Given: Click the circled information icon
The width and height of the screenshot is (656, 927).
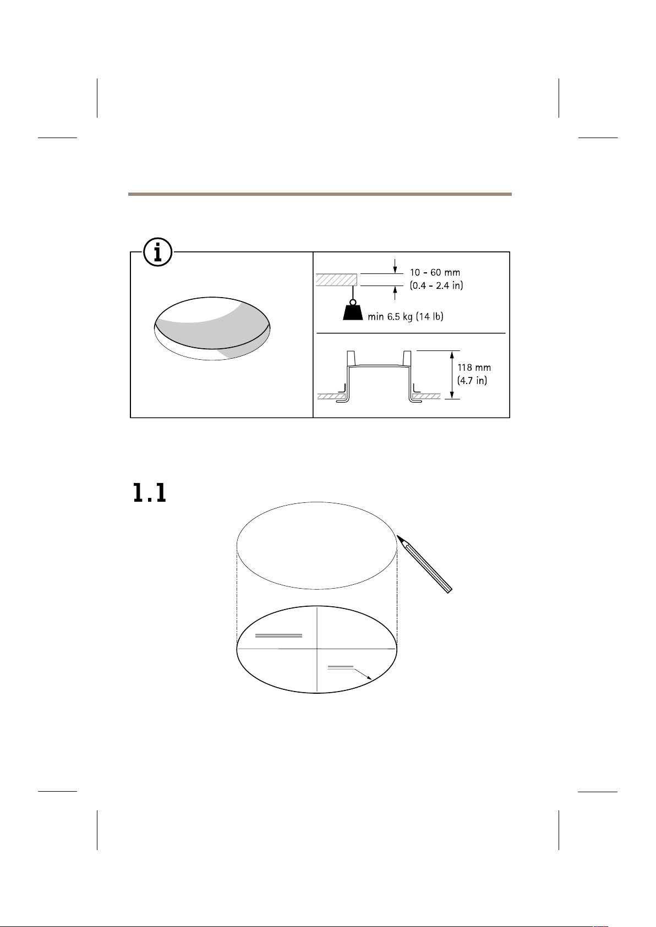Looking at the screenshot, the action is click(x=158, y=252).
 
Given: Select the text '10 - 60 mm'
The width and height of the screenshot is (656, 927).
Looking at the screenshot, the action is click(x=435, y=272).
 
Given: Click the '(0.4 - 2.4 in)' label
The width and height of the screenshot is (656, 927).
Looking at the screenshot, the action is click(x=436, y=285).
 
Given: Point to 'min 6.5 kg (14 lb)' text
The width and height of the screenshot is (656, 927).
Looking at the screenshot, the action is click(x=406, y=316).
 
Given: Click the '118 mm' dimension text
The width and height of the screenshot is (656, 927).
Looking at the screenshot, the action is click(x=474, y=367).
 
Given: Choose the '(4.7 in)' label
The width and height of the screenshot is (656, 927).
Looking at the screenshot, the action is click(x=472, y=380).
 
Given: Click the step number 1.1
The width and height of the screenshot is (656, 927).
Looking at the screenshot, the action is click(x=149, y=493).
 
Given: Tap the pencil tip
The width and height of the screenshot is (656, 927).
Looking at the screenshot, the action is click(x=398, y=536).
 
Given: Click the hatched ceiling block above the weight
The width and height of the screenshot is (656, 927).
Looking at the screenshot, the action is click(x=336, y=279).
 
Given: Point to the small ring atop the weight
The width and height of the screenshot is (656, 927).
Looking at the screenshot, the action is click(x=353, y=302).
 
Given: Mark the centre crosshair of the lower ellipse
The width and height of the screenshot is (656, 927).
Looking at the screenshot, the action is click(x=316, y=649).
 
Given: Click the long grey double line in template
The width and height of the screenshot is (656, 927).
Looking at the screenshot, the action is click(x=278, y=635).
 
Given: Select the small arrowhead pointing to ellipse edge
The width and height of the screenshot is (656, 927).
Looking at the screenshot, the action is click(x=369, y=678).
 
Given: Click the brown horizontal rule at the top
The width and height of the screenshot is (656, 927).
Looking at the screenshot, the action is click(x=320, y=194).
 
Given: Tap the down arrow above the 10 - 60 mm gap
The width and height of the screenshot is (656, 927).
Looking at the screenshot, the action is click(x=395, y=266).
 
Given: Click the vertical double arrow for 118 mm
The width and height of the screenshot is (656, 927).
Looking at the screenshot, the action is click(x=452, y=375).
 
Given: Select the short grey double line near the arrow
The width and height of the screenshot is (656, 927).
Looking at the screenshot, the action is click(x=340, y=667).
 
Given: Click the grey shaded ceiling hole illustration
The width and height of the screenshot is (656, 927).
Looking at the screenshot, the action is click(x=212, y=328).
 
